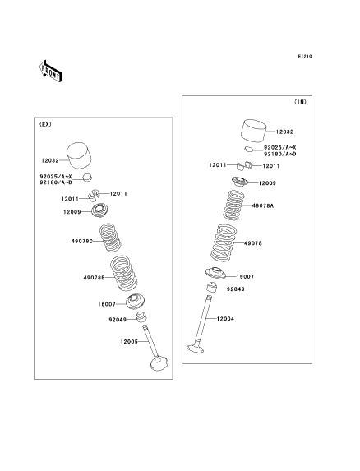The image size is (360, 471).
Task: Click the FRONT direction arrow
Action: [50, 72]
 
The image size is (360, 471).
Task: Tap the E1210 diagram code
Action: [305, 56]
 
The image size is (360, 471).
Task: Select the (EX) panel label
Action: [45, 124]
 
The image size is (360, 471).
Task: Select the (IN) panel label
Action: [300, 102]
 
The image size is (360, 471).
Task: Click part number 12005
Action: [129, 341]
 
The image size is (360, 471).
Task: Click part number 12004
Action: [225, 319]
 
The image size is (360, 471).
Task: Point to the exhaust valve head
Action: [159, 363]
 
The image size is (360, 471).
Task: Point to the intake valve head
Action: [196, 349]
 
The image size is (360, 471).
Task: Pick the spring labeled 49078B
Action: [123, 273]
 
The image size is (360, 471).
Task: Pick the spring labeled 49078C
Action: [110, 238]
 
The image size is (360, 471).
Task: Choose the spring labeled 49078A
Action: [233, 205]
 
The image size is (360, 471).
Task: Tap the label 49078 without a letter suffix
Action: [253, 243]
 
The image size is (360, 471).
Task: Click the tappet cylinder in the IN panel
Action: [254, 131]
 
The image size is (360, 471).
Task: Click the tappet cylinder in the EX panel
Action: [79, 155]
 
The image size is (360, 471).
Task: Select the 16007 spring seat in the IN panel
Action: [215, 273]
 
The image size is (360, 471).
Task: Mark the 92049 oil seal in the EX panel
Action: [141, 317]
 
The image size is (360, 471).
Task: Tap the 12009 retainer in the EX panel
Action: [99, 210]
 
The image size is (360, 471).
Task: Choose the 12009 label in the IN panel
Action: [267, 183]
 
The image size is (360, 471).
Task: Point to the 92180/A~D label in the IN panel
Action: [279, 154]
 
